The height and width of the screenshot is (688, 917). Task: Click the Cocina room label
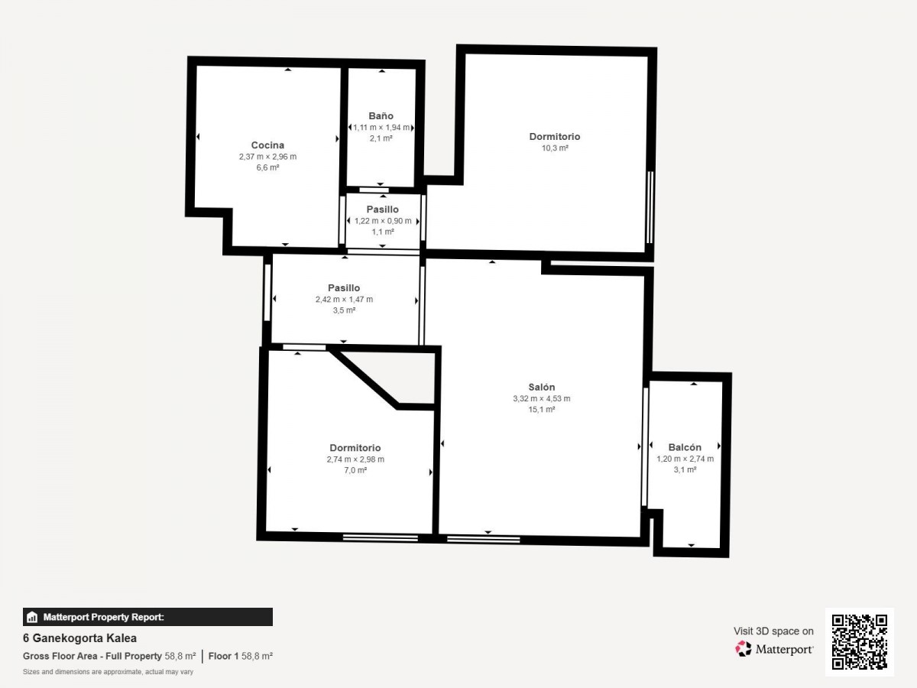[267, 145]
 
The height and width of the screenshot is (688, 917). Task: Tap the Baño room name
[381, 115]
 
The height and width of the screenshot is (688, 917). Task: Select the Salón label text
[542, 387]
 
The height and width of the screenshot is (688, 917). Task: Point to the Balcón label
[685, 447]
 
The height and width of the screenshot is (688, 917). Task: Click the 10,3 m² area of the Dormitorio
[555, 148]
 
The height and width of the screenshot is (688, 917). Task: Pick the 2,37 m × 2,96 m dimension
[267, 157]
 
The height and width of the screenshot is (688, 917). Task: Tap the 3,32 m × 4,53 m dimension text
[542, 398]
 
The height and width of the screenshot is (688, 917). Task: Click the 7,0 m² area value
[355, 470]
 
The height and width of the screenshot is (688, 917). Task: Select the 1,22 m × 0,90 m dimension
[383, 221]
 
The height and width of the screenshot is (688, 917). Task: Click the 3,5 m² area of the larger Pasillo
[344, 310]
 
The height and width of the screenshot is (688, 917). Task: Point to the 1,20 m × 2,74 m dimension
[685, 459]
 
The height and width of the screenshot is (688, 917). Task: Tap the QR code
[860, 642]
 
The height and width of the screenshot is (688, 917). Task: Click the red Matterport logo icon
[744, 649]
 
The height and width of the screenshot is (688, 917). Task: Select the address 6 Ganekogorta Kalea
[79, 638]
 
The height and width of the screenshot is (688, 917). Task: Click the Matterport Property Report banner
[148, 617]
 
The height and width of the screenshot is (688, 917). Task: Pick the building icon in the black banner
[32, 617]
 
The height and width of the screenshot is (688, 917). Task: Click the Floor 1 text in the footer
[223, 656]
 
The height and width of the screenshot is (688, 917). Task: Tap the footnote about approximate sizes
[109, 672]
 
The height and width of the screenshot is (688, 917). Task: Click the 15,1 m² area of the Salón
[542, 410]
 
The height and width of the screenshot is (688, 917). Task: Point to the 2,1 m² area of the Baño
[381, 138]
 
